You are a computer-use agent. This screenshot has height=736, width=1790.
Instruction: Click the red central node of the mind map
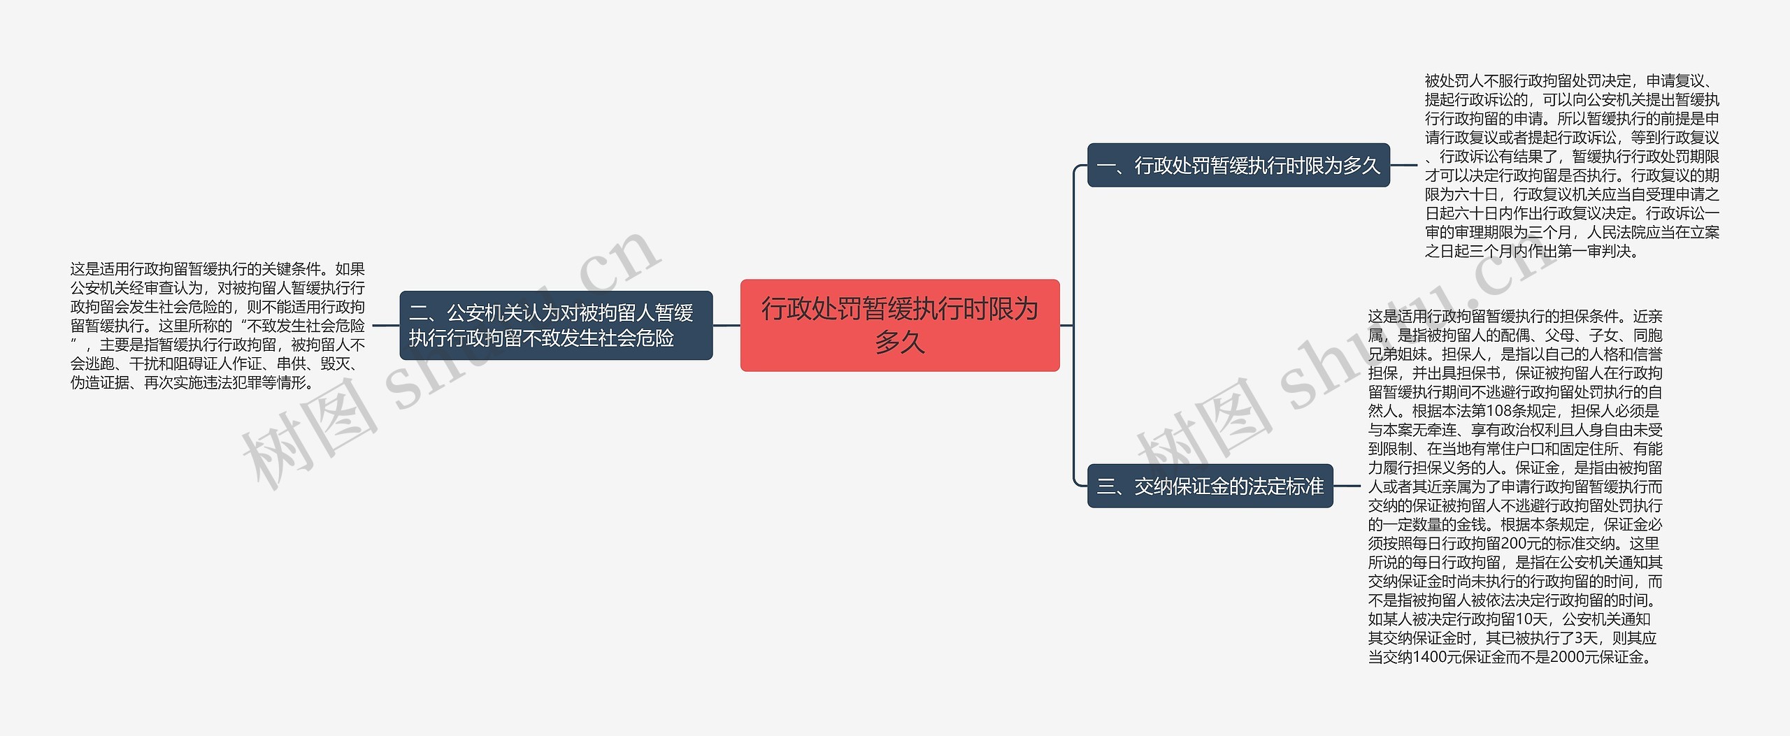tap(900, 325)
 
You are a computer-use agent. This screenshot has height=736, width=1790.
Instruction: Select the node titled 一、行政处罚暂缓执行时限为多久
tap(1238, 166)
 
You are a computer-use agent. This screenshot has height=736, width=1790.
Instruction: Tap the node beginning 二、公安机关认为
tap(555, 325)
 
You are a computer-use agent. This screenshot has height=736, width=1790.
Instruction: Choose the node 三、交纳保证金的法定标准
tap(1210, 486)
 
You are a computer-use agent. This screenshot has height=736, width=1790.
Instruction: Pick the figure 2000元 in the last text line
tap(1574, 657)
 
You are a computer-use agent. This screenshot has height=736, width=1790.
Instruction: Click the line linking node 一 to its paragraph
tap(1404, 166)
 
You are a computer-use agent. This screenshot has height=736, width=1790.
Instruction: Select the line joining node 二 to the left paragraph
tap(385, 325)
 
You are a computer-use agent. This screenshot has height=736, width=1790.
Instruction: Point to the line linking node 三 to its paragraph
tap(1347, 486)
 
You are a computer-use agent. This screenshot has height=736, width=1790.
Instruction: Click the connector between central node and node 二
tap(726, 325)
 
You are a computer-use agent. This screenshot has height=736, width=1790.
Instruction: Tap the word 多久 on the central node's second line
tap(900, 342)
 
